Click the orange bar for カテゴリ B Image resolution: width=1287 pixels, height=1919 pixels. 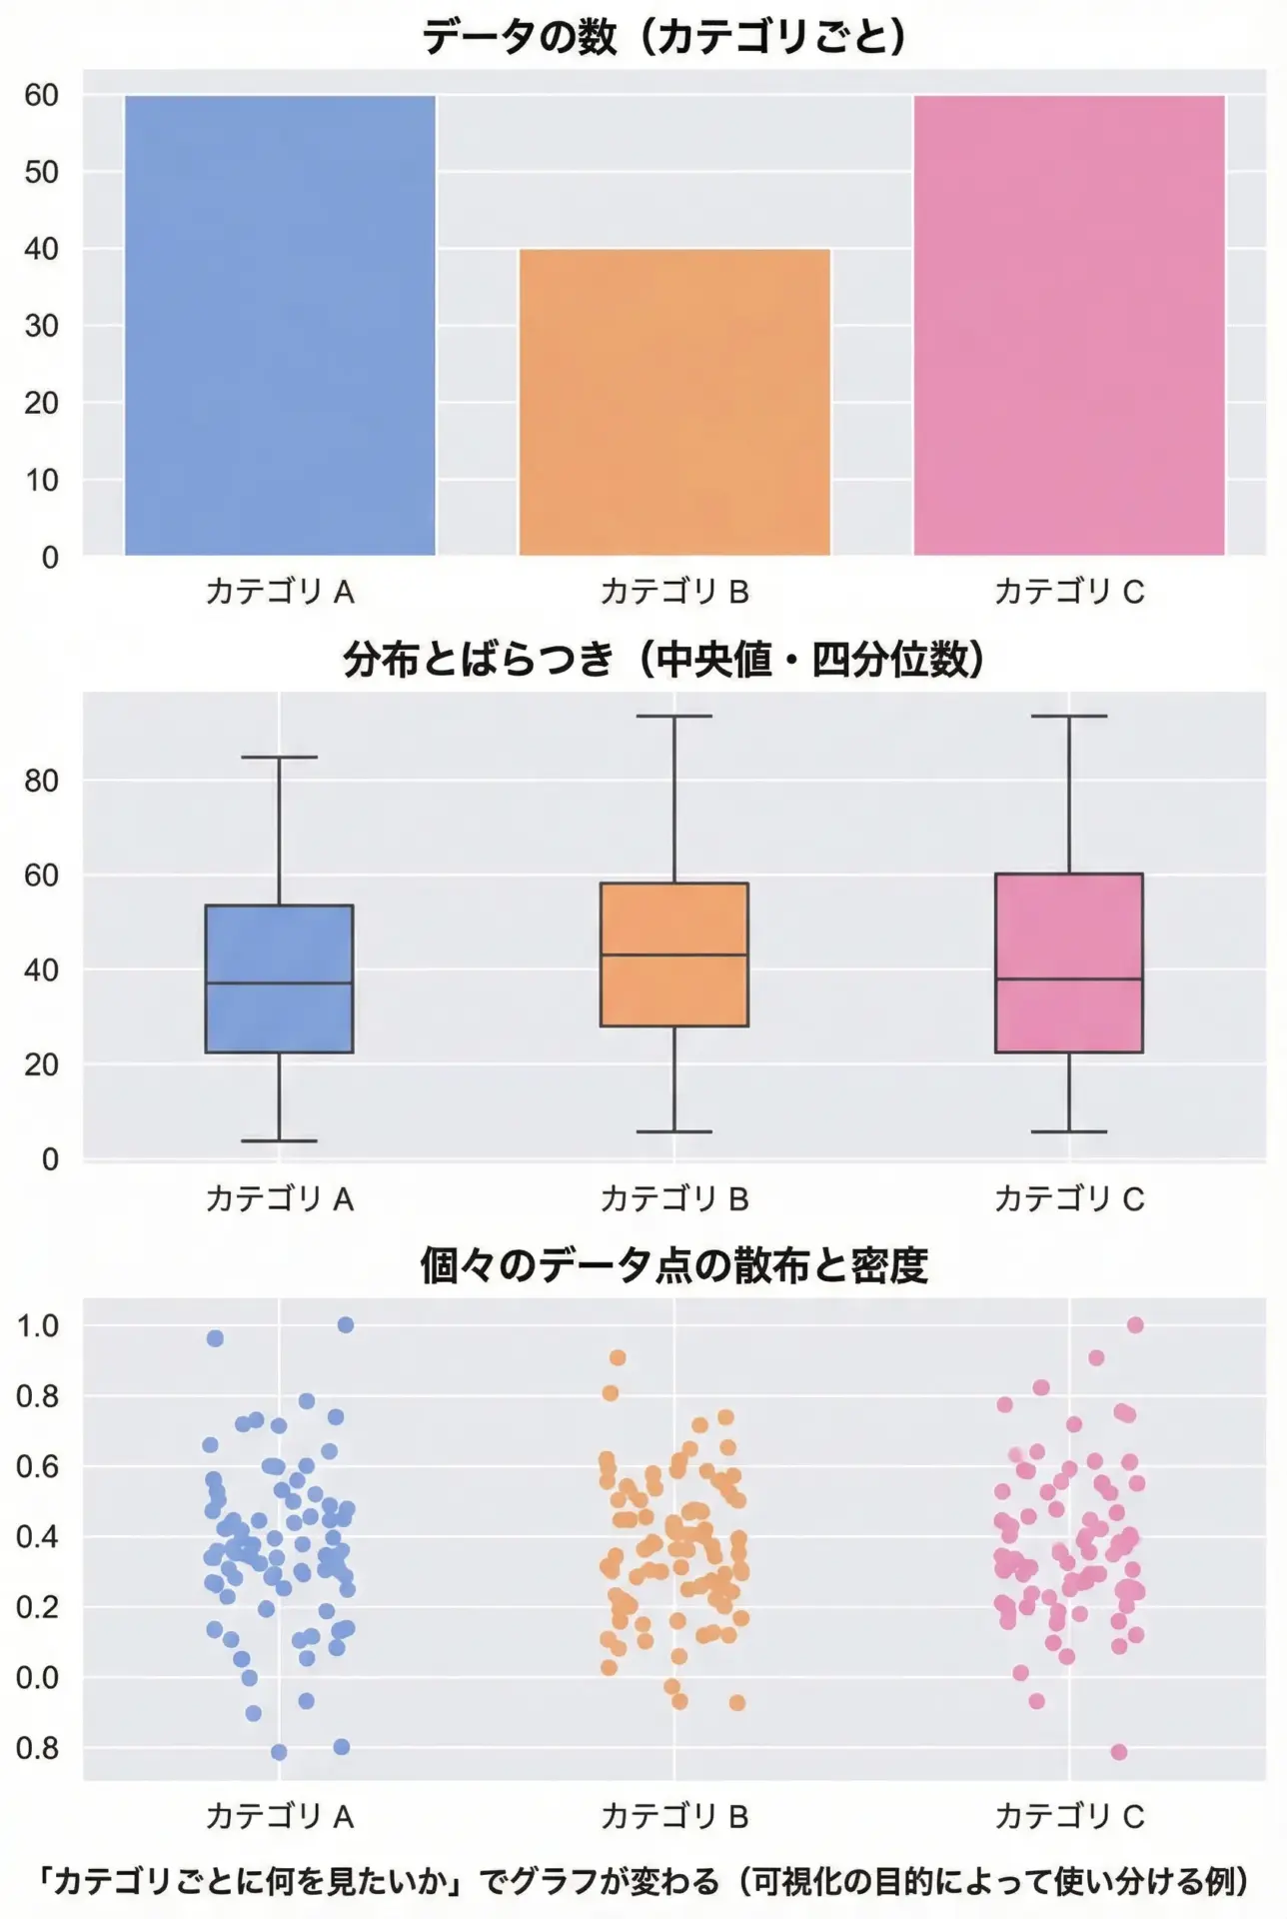coord(674,402)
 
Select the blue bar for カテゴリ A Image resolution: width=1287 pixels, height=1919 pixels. coord(280,325)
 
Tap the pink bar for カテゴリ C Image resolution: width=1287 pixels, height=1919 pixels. coord(1069,325)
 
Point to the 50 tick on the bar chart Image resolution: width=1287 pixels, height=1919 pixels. coord(41,172)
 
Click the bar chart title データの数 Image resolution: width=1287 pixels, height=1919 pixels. coord(520,37)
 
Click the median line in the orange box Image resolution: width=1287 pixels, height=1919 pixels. coord(674,955)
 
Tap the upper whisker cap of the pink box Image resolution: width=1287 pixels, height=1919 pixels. coord(1069,717)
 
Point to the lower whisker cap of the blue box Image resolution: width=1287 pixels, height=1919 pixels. coord(280,1140)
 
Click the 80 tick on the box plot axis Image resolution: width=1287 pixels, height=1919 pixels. coord(41,781)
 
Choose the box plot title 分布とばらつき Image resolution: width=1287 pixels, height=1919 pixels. coord(478,661)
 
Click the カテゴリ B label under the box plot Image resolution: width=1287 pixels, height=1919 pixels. coord(674,1198)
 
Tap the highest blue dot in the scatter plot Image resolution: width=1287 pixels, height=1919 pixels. coord(346,1325)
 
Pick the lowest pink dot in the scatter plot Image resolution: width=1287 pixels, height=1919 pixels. coord(1119,1752)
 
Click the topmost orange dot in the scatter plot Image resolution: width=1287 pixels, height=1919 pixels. coord(618,1357)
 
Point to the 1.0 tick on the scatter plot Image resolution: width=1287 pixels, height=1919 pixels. coord(38,1326)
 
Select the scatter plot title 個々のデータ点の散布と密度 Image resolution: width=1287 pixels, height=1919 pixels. coord(674,1266)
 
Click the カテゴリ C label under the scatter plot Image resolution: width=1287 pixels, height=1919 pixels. coord(1069,1816)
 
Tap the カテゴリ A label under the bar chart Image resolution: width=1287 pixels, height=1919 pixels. coord(280,592)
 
